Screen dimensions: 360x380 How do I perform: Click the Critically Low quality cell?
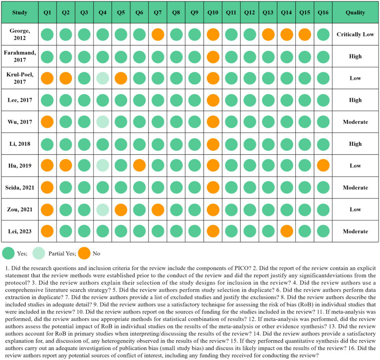[x=354, y=35]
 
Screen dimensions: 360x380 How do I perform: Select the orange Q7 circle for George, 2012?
[x=158, y=35]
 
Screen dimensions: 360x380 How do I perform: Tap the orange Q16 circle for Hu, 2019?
[x=324, y=166]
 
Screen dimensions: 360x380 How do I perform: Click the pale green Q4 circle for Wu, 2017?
[x=103, y=122]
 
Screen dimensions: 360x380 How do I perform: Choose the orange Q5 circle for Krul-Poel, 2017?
[x=121, y=78]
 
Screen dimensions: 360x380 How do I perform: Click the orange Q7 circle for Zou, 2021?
[x=158, y=209]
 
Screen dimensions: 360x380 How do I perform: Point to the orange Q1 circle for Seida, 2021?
[x=47, y=187]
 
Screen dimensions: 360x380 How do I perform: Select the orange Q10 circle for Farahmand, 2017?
[x=213, y=57]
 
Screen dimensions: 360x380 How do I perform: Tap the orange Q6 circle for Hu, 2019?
[x=140, y=166]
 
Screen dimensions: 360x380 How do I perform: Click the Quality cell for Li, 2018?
[x=354, y=144]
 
